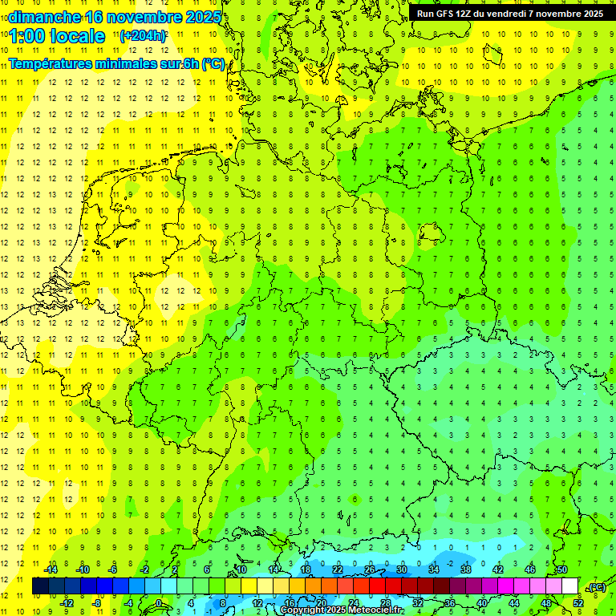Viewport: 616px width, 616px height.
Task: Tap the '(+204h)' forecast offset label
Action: (143, 35)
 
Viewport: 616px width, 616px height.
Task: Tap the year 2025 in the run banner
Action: (590, 14)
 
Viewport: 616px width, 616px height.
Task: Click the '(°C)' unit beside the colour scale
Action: (596, 588)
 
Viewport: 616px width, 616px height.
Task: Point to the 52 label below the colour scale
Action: (577, 603)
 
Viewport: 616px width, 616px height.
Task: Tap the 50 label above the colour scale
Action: (561, 569)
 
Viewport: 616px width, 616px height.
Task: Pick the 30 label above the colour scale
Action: (401, 569)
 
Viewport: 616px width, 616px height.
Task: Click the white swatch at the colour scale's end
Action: (569, 586)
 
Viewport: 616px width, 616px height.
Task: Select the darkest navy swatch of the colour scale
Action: (40, 586)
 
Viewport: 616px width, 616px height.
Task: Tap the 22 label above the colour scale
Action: (337, 569)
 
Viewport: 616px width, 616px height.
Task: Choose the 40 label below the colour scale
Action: (481, 603)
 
